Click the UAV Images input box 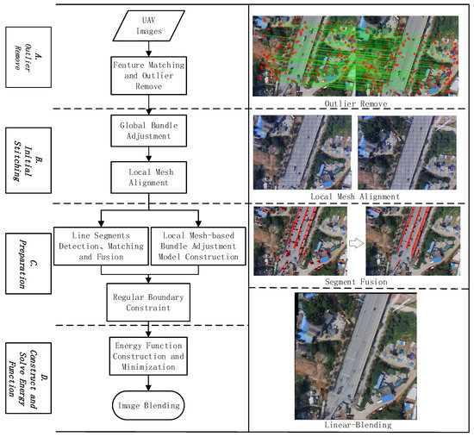(145, 26)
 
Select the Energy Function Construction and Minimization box (149, 354)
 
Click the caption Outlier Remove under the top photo (357, 103)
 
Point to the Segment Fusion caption (357, 281)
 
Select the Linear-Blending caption (356, 424)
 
